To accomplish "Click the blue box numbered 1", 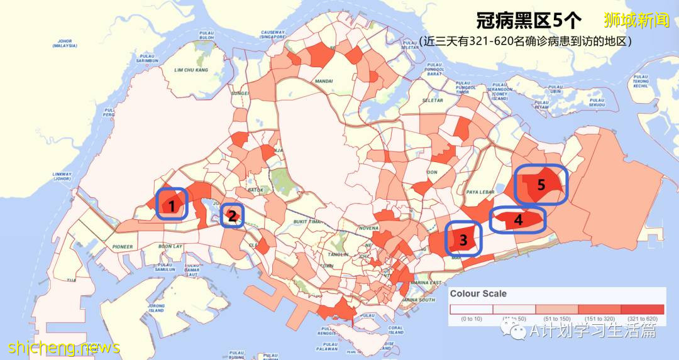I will point(172,204).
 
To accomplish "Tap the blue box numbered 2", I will point(232,215).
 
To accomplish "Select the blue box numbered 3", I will point(463,239).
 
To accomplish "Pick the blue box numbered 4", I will point(517,220).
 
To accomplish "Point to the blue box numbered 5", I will point(541,184).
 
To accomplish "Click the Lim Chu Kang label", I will point(191,70).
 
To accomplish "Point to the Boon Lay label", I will point(170,247).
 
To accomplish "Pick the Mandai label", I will point(324,81).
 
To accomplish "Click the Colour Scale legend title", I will point(478,294).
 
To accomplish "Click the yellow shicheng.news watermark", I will point(64,347).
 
